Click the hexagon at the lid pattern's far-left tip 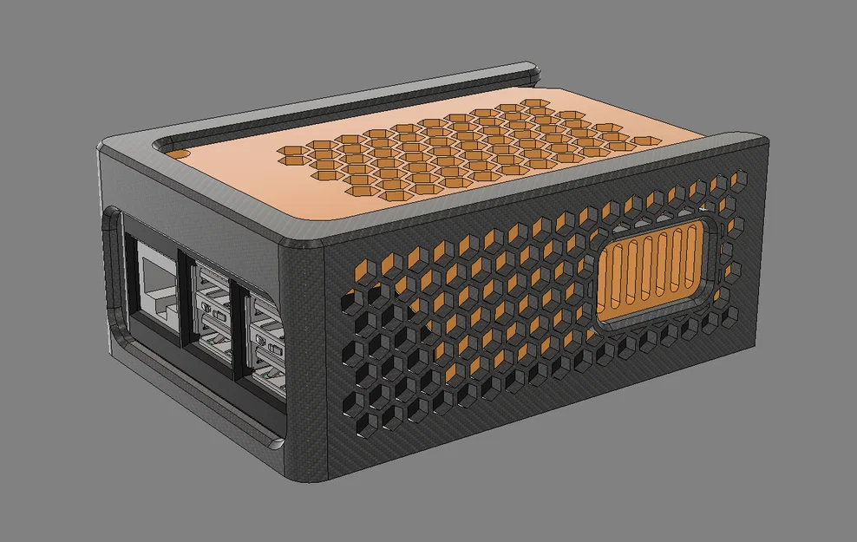point(286,156)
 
